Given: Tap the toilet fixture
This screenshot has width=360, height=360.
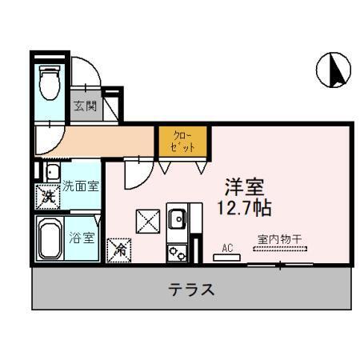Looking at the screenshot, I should pyautogui.click(x=50, y=82).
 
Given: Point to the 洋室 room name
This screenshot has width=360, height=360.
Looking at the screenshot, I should pyautogui.click(x=245, y=189).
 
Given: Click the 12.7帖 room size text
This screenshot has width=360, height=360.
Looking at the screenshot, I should pyautogui.click(x=246, y=210).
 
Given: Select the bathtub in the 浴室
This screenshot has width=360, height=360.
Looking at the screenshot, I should pyautogui.click(x=49, y=241).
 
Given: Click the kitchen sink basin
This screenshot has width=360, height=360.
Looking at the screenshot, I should pyautogui.click(x=176, y=218).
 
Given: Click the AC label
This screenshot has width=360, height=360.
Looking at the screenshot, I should pyautogui.click(x=227, y=246).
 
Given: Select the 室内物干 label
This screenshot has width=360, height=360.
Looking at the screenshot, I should pyautogui.click(x=278, y=238).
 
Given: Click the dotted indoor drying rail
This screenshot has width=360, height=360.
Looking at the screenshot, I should pyautogui.click(x=279, y=249).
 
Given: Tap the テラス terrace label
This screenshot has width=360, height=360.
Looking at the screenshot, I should pyautogui.click(x=191, y=289).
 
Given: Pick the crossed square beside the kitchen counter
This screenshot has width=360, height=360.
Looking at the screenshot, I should pyautogui.click(x=146, y=220).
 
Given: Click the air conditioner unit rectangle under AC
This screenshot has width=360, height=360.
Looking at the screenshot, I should pyautogui.click(x=227, y=257).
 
